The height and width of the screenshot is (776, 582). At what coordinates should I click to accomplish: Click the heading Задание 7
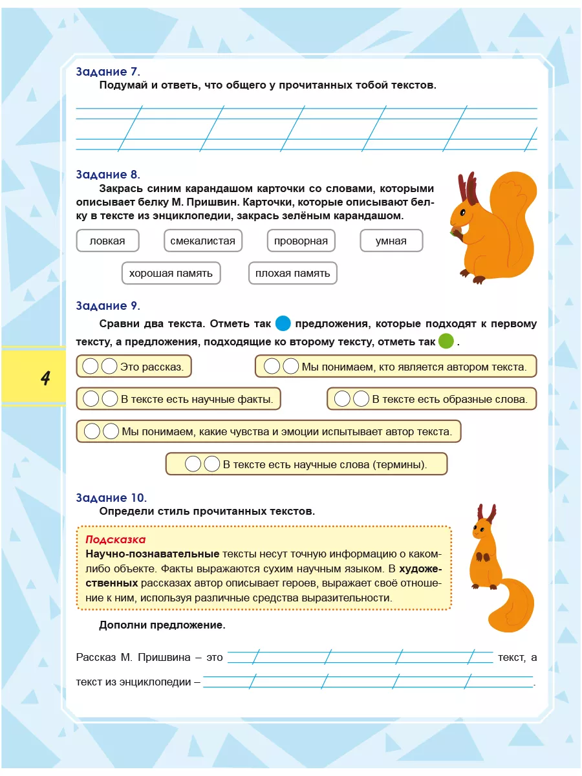pos(107,72)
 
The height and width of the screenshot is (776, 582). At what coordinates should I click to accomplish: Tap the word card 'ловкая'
pos(107,241)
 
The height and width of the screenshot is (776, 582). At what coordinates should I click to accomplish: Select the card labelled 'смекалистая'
pos(203,241)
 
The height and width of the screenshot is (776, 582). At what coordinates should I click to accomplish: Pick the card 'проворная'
pos(301,241)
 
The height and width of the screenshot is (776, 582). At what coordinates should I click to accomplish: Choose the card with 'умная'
pos(391,241)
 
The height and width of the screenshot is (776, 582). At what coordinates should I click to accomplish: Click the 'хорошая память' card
pos(171,273)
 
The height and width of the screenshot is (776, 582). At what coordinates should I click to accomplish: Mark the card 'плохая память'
pos(292,273)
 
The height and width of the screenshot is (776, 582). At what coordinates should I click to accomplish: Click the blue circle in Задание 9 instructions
pos(283,323)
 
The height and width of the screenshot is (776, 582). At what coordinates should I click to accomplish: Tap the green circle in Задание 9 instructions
pos(446,341)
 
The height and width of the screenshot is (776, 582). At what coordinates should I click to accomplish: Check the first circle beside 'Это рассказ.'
pos(91,367)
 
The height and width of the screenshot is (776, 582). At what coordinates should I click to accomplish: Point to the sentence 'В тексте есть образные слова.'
pos(449,399)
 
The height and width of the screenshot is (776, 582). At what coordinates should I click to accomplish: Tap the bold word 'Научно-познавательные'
pos(153,554)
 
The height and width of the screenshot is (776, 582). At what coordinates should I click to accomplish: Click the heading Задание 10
pos(111,498)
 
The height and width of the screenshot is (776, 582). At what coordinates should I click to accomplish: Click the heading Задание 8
pos(107,175)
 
